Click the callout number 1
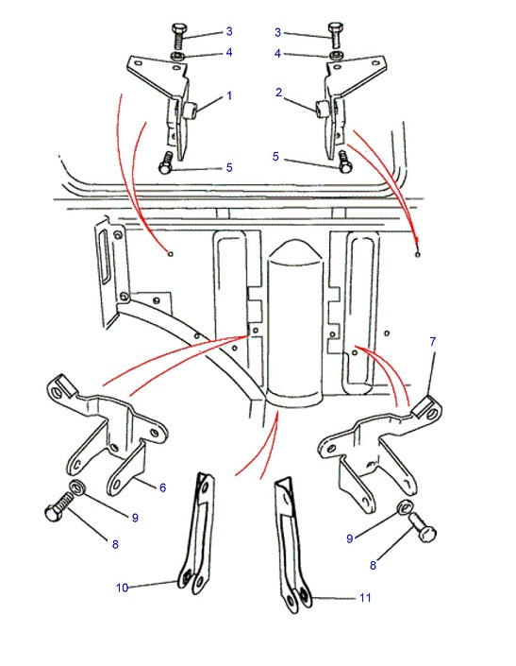tap(229, 96)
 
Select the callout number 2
tap(278, 93)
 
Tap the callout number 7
tap(432, 341)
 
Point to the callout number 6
tap(163, 487)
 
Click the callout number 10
tap(122, 588)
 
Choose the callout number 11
tap(365, 598)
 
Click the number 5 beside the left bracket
tap(229, 167)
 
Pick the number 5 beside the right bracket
tap(275, 157)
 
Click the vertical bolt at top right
tap(335, 34)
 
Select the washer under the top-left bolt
tap(176, 56)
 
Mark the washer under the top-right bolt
tap(336, 55)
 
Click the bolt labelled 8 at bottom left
tap(58, 506)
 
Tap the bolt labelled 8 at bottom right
tap(423, 527)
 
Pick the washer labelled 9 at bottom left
tap(77, 487)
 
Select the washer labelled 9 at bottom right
tap(405, 506)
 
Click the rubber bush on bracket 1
tap(190, 110)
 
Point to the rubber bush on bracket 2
tap(322, 109)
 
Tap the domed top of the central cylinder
tap(295, 249)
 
